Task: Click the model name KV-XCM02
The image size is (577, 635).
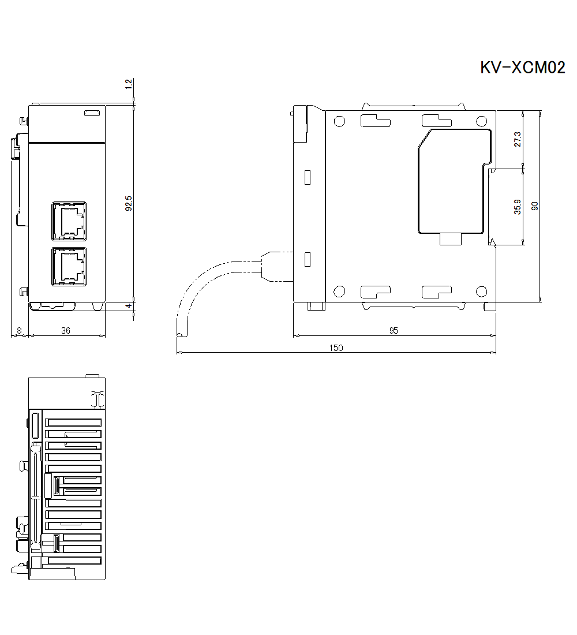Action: point(522,68)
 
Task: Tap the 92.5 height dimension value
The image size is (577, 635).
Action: point(129,203)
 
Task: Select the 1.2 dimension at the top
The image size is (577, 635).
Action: point(129,84)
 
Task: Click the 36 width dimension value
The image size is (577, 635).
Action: point(66,330)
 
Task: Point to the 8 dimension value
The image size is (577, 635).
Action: point(20,330)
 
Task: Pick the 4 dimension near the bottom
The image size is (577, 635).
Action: point(129,306)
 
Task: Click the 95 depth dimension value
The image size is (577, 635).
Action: point(394,330)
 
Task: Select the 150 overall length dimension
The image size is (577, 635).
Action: point(336,348)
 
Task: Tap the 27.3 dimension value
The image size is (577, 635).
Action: point(518,139)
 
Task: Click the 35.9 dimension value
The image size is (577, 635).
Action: point(518,207)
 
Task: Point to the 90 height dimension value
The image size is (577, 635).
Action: point(535,206)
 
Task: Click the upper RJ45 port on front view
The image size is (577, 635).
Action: point(69,220)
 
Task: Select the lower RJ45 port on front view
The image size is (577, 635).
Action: point(69,266)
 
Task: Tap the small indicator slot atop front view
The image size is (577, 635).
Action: point(92,113)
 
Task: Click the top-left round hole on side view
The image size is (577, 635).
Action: point(339,122)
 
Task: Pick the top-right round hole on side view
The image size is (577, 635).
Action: point(481,122)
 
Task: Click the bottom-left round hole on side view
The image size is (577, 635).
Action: point(339,292)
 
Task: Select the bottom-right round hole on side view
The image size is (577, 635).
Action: point(481,292)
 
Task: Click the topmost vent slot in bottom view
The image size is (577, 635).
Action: point(73,423)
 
